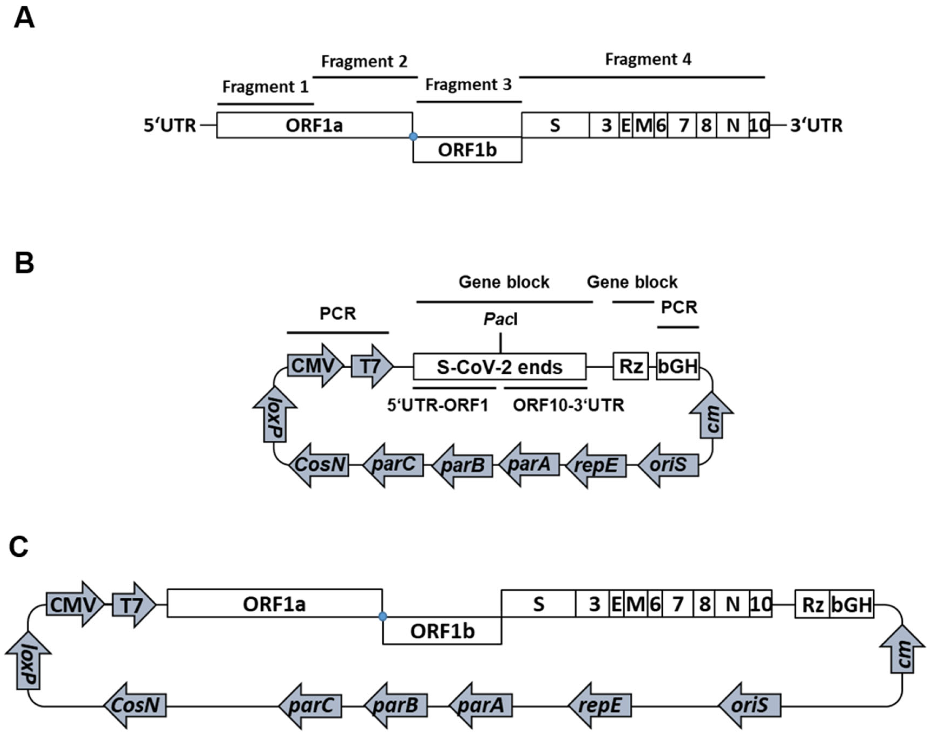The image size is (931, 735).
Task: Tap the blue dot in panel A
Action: pos(413,137)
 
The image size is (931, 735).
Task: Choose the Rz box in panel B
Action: pos(631,366)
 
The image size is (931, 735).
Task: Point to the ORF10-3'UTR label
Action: pos(568,405)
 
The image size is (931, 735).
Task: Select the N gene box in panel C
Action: pos(732,604)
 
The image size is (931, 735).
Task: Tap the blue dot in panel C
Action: pos(383,617)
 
